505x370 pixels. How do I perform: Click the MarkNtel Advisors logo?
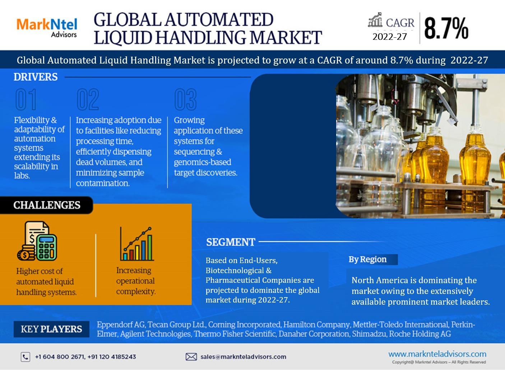(x=47, y=28)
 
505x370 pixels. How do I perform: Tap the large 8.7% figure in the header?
(x=446, y=28)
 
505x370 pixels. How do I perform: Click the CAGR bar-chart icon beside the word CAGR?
(x=375, y=20)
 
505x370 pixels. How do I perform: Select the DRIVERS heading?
(x=36, y=77)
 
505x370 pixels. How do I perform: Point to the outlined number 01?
(x=26, y=99)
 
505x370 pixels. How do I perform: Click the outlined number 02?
(x=88, y=99)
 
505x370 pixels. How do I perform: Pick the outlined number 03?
(x=185, y=99)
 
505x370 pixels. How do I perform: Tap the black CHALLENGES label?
(x=46, y=205)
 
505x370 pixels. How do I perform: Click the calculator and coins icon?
(x=37, y=241)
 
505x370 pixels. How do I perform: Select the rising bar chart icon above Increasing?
(x=136, y=244)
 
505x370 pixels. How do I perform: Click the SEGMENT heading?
(x=230, y=242)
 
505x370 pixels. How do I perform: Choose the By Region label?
(x=367, y=259)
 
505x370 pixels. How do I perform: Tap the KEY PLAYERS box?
(x=51, y=329)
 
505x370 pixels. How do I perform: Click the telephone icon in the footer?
(x=26, y=357)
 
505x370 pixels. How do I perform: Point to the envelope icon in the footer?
(x=191, y=357)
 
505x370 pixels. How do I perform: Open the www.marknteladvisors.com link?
(x=437, y=354)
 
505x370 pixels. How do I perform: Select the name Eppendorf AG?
(x=121, y=324)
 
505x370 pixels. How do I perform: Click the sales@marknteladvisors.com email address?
(x=243, y=357)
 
